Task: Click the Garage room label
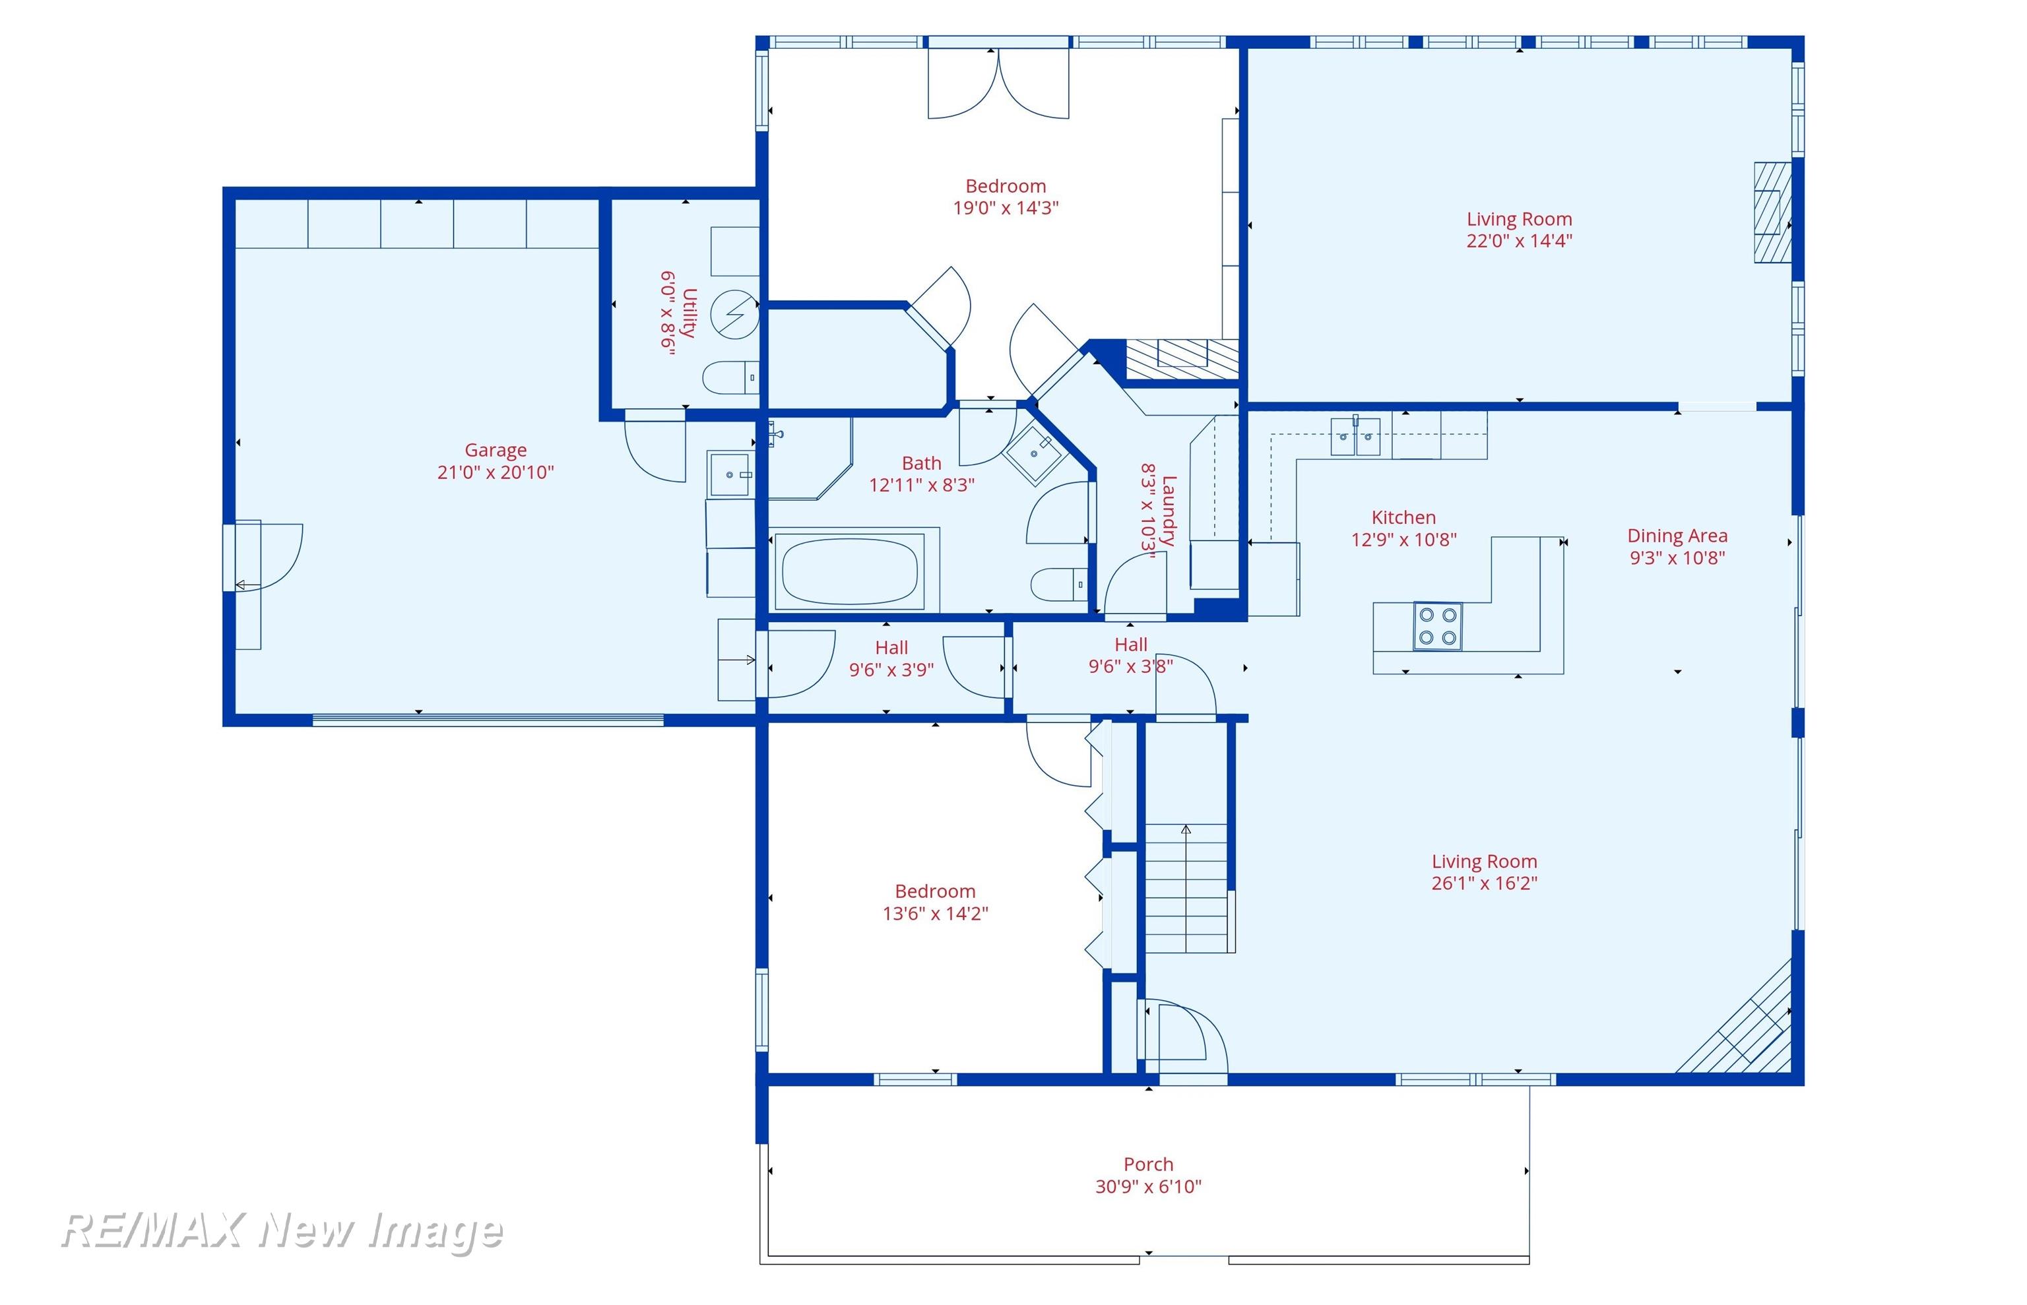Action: pyautogui.click(x=495, y=450)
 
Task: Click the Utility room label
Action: pyautogui.click(x=688, y=313)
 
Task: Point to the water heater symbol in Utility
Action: pyautogui.click(x=734, y=315)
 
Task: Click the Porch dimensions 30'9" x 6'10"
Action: pyautogui.click(x=1148, y=1186)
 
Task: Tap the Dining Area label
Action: pyautogui.click(x=1677, y=536)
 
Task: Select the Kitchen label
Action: pyautogui.click(x=1403, y=517)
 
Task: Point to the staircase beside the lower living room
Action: pyautogui.click(x=1186, y=888)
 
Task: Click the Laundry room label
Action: pyautogui.click(x=1169, y=510)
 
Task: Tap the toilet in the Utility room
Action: pyautogui.click(x=731, y=377)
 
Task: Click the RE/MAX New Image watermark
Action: pyautogui.click(x=283, y=1230)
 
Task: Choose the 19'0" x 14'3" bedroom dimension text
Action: pyautogui.click(x=1006, y=208)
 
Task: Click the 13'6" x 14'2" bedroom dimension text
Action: pyautogui.click(x=935, y=912)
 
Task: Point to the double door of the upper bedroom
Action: pyautogui.click(x=998, y=83)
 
